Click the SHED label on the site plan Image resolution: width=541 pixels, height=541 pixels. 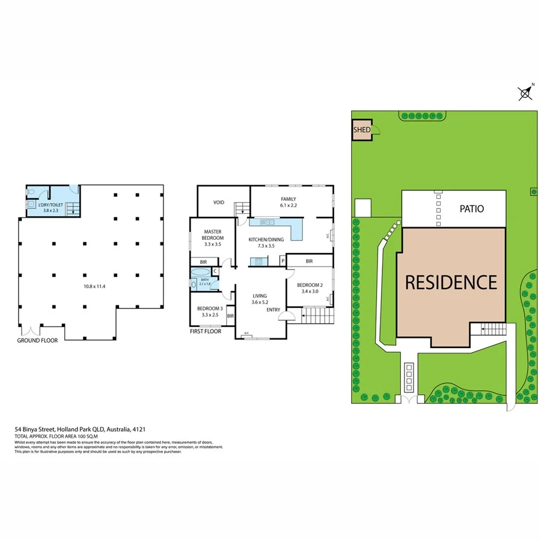tap(361, 129)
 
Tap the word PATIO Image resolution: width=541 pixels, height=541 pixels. tap(472, 209)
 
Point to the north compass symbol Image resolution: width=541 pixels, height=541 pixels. tap(525, 92)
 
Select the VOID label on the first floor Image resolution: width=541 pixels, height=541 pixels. tap(219, 203)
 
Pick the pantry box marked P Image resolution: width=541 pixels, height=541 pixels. tap(282, 261)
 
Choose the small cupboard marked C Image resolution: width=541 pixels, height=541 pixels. tap(215, 272)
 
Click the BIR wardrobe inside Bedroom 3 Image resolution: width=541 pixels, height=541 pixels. tap(230, 316)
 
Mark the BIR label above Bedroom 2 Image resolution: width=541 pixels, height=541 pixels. tap(309, 261)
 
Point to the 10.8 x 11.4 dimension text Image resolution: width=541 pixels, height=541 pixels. tap(94, 286)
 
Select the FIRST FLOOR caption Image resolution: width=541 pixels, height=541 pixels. tap(206, 331)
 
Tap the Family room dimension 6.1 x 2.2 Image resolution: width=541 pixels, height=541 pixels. tap(289, 206)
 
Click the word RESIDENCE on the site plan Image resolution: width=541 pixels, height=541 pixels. tap(451, 282)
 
